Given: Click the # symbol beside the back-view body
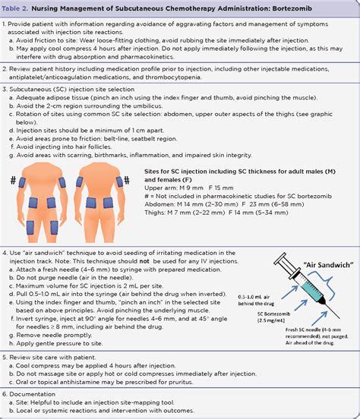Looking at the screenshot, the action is pyautogui.click(x=131, y=181).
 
